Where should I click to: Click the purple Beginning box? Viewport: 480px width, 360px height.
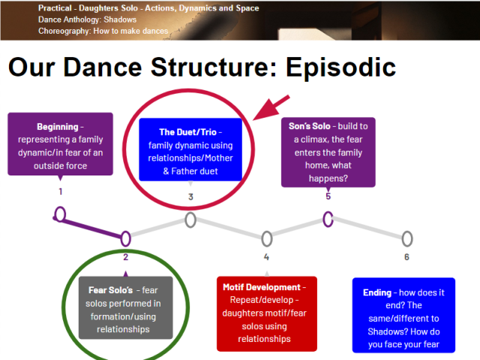coord(60,144)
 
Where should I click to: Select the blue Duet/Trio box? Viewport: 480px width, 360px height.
coord(190,149)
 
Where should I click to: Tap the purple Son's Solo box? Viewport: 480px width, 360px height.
coord(328,151)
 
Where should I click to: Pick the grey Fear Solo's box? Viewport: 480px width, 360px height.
coord(125,307)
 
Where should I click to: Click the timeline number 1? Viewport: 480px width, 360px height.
coord(60,191)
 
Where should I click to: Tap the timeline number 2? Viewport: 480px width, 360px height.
coord(126,257)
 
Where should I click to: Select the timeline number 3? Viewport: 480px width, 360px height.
coord(190,197)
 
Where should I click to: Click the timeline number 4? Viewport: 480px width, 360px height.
coord(266,257)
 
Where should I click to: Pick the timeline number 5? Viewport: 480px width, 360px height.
coord(328,196)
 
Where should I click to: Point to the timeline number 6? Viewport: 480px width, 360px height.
coord(406,257)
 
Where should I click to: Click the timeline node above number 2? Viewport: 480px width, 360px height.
coord(126,238)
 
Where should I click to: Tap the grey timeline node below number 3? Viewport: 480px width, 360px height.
coord(190,220)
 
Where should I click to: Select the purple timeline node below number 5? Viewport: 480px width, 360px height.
coord(328,218)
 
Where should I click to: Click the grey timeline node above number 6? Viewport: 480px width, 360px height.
coord(406,238)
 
